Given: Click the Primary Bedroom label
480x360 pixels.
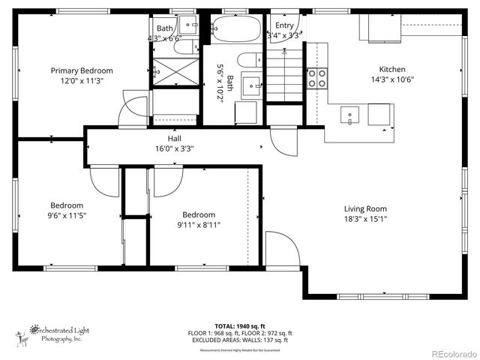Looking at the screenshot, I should click(87, 70).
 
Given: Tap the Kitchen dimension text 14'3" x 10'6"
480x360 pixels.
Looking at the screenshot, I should click(392, 80).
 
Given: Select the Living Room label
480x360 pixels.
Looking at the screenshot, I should click(365, 208).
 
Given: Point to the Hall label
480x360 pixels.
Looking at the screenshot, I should click(174, 139).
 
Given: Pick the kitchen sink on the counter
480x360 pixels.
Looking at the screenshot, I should click(349, 115).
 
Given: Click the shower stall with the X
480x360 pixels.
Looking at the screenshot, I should click(174, 73).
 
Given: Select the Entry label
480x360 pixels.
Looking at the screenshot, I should click(284, 25).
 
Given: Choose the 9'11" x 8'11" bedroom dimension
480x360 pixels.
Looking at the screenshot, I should click(199, 224).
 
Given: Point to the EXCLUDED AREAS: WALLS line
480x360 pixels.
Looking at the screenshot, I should click(239, 340).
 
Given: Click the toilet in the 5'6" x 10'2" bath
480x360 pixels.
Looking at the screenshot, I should click(248, 61).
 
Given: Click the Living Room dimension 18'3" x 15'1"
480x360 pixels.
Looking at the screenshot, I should click(365, 219).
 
